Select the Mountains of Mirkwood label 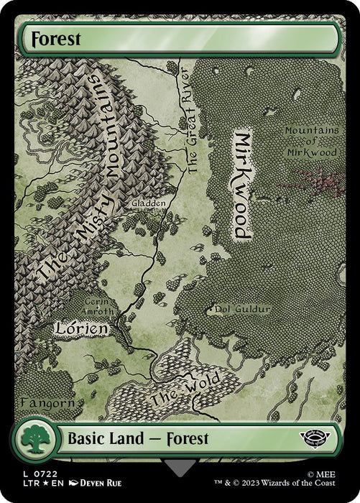(310, 141)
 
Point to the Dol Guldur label (243, 310)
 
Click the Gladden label (149, 203)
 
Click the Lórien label (82, 328)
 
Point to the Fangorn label (47, 402)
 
